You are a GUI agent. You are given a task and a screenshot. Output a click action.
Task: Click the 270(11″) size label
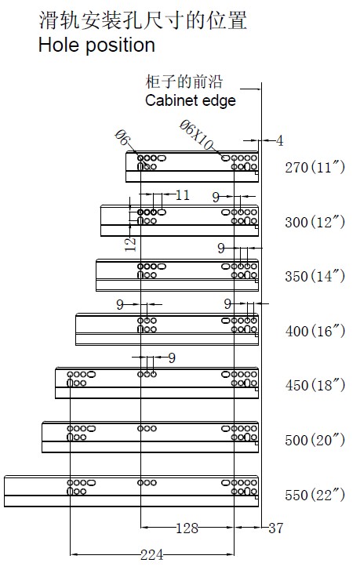(315, 168)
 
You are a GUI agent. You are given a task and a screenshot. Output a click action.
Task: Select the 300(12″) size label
(315, 222)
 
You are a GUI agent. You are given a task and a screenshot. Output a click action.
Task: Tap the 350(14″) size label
(315, 276)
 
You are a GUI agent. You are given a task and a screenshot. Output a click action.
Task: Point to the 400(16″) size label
(315, 331)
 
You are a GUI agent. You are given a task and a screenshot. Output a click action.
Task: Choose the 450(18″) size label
(315, 385)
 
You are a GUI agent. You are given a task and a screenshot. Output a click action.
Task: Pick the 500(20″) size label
(315, 440)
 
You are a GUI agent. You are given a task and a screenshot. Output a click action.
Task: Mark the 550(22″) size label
(315, 495)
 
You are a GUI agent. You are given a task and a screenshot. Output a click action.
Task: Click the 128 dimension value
(187, 528)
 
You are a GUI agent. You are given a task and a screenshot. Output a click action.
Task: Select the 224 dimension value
(151, 555)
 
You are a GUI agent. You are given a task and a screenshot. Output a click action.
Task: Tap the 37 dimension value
(275, 528)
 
